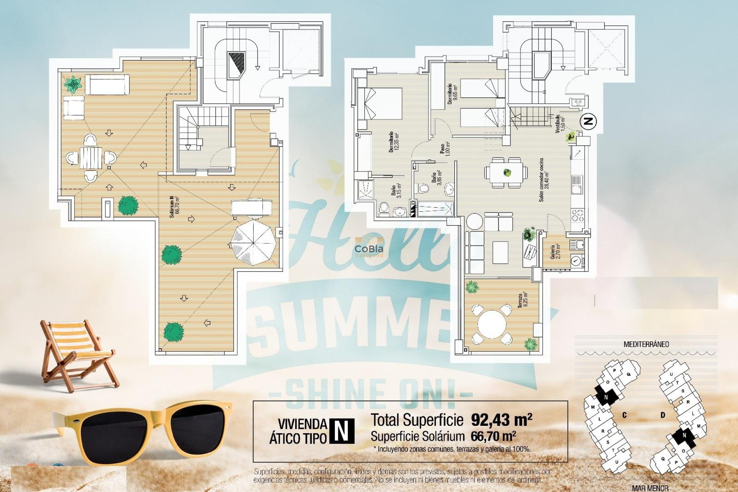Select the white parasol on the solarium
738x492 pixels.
coord(253,242)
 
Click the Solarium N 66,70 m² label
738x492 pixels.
coord(175,207)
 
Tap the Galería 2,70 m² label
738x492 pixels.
coord(555,251)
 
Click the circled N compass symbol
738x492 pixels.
coord(588,121)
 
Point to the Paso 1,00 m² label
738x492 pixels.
coord(445,149)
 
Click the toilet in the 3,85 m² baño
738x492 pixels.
coord(424,189)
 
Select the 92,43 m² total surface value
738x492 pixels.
coord(501,420)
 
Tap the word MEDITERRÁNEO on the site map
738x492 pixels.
coord(646,344)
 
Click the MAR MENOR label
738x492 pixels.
coord(650,488)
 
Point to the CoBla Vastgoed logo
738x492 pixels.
coord(369,250)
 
